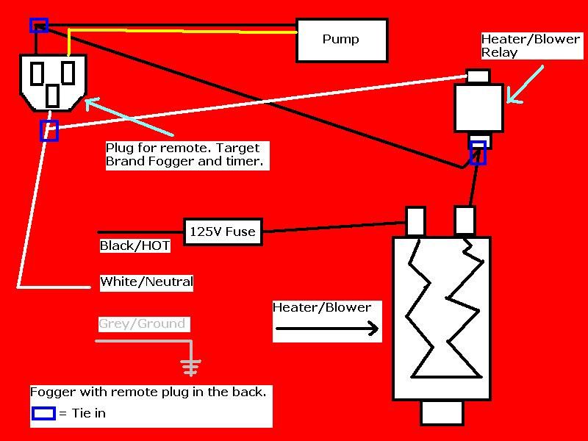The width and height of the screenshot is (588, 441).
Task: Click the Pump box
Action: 342,40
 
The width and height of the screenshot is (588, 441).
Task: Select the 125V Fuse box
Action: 223,232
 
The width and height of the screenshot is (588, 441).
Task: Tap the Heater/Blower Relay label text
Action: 530,46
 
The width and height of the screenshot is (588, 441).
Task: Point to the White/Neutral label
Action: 146,282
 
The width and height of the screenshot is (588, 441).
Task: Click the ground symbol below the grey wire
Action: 192,367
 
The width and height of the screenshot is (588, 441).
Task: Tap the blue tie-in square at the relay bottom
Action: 478,152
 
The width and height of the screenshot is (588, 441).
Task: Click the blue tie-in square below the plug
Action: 49,131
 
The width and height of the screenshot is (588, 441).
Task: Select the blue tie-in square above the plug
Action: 39,26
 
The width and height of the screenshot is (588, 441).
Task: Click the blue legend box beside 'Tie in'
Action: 43,413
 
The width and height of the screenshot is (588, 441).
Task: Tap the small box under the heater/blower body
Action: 442,412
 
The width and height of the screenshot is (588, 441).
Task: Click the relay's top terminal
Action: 478,76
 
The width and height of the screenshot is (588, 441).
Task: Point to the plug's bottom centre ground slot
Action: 53,96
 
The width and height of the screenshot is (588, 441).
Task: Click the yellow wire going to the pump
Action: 184,31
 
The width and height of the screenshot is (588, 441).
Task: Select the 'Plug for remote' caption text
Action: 185,155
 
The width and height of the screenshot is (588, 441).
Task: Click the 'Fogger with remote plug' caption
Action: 148,392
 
